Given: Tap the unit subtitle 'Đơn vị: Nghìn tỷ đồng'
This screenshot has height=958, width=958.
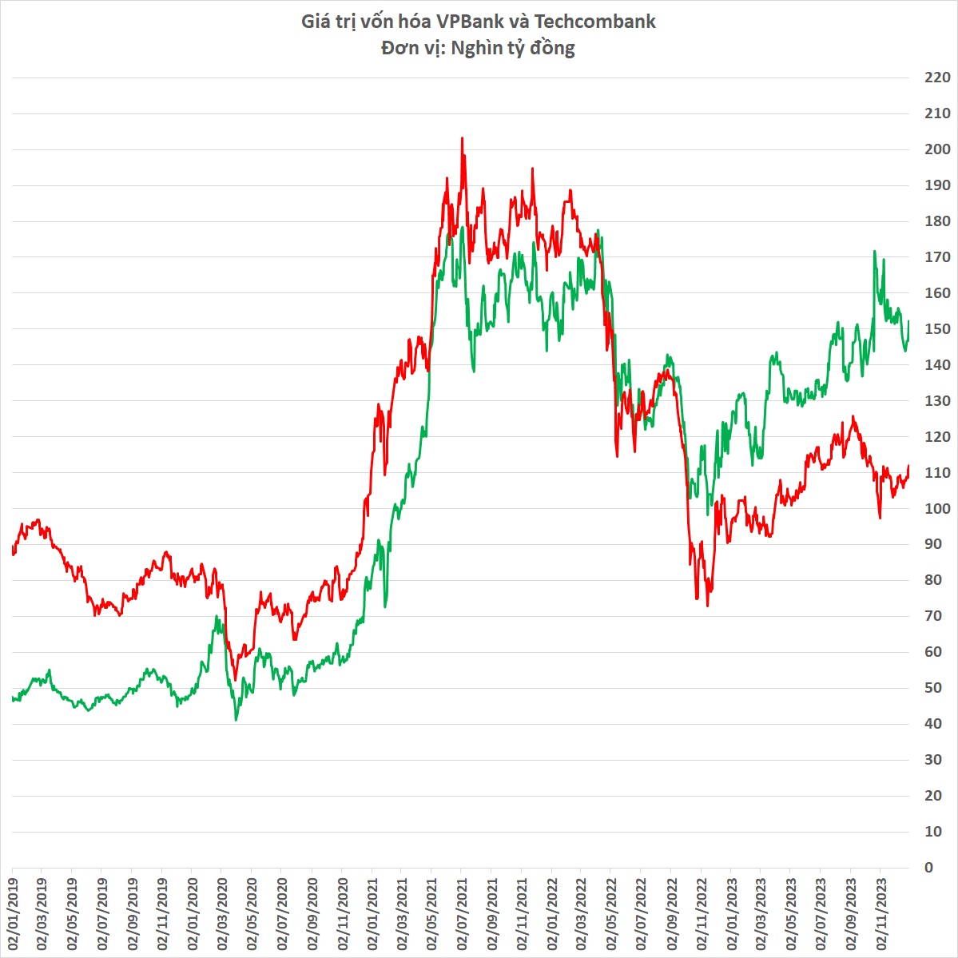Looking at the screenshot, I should coord(478,48).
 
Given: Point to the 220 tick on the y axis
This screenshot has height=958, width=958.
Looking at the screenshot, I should coord(936,78).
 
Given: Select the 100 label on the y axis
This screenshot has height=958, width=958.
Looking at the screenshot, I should coord(936,508).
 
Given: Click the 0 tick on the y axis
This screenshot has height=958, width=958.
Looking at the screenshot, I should coord(928,867).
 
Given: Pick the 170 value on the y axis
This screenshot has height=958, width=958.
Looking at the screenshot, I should coord(936,257).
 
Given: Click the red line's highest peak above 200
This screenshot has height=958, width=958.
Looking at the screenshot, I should coord(462,138).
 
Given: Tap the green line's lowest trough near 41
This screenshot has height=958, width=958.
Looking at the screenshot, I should coord(236,720).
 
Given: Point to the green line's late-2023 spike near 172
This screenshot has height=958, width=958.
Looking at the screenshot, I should coord(874,251).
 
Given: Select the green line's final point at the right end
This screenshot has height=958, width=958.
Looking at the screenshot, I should coord(909,321).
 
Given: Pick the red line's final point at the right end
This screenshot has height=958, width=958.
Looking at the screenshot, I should coord(909,467).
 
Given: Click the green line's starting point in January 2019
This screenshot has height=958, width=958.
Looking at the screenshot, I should coord(13,698).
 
